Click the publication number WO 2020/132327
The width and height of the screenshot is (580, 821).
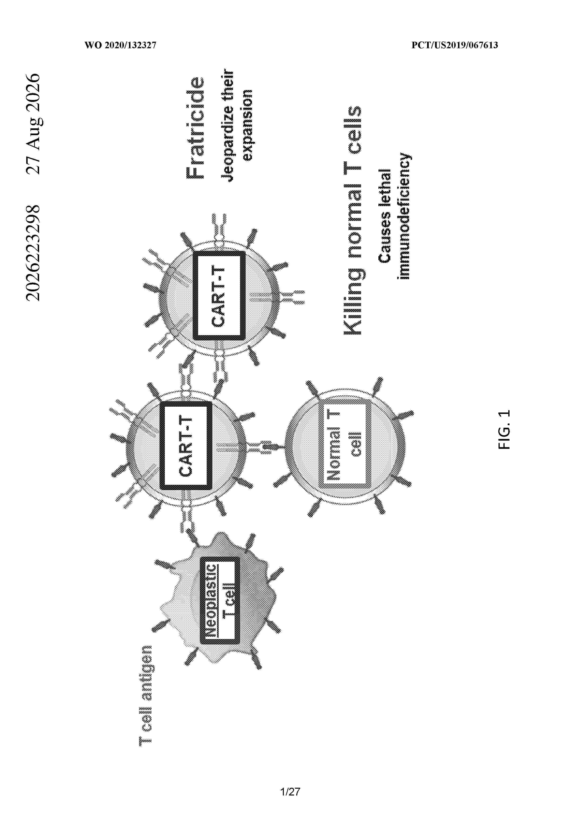click(120, 45)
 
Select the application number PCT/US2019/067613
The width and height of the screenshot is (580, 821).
click(454, 45)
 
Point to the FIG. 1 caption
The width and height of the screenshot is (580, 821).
click(504, 429)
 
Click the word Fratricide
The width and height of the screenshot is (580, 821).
click(196, 128)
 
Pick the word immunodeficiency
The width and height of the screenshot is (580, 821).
click(405, 216)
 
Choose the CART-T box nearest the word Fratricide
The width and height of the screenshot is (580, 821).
click(219, 296)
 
